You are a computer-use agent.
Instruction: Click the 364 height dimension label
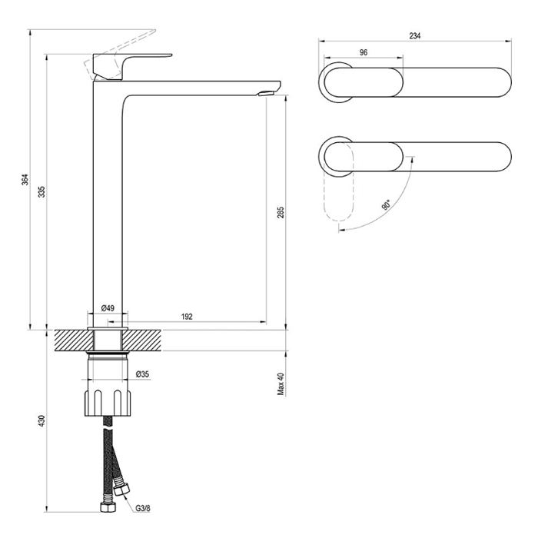click(x=25, y=180)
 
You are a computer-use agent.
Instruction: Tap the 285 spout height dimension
click(x=281, y=213)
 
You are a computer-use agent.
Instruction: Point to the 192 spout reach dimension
click(x=187, y=317)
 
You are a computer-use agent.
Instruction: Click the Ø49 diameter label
click(x=108, y=308)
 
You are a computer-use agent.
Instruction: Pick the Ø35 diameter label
click(x=142, y=374)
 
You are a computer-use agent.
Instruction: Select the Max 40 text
click(x=281, y=384)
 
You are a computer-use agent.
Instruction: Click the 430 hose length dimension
click(x=42, y=421)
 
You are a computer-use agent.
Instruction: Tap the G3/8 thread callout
click(x=142, y=508)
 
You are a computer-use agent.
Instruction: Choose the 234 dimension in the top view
click(x=415, y=35)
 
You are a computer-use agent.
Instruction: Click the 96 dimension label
click(x=364, y=52)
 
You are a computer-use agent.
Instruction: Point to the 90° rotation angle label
click(x=386, y=205)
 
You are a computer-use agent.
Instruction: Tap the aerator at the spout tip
click(x=266, y=93)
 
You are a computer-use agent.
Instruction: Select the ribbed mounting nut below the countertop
click(x=108, y=402)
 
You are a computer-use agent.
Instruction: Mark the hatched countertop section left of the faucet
click(x=71, y=340)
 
